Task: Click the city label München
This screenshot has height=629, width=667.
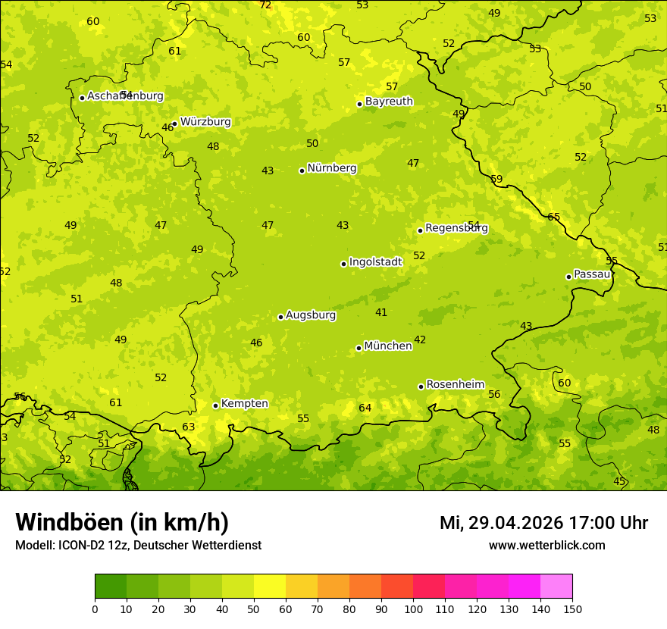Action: click(388, 346)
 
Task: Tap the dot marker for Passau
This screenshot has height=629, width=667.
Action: click(568, 277)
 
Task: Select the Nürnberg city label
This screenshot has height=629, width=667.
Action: click(332, 168)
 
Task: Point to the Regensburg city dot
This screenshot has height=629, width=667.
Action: click(420, 230)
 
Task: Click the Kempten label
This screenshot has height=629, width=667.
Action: click(244, 404)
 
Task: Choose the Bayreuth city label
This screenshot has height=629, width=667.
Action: click(389, 102)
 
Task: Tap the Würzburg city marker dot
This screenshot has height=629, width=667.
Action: click(174, 124)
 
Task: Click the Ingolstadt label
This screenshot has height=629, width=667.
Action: click(375, 262)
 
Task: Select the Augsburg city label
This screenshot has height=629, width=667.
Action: click(311, 315)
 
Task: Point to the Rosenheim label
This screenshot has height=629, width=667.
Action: click(455, 385)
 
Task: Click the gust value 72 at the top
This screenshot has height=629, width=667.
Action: click(265, 5)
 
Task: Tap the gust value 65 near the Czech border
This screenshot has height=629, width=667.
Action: click(554, 217)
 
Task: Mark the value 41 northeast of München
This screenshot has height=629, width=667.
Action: click(381, 312)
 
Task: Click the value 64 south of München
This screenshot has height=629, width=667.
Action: click(365, 408)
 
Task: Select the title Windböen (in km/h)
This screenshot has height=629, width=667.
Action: click(122, 522)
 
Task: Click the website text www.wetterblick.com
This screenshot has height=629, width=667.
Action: click(547, 545)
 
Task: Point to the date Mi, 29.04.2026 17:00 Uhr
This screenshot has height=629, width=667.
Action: click(543, 523)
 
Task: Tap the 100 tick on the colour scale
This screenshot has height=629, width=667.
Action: click(413, 609)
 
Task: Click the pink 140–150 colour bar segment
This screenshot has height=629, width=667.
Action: click(556, 587)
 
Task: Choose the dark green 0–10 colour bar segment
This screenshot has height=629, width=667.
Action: click(111, 587)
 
